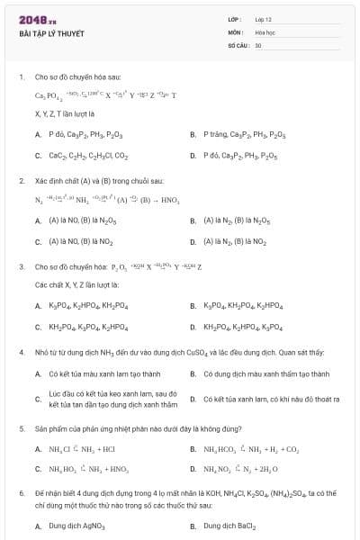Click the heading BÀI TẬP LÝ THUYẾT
[51, 33]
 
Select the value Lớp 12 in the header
[263, 19]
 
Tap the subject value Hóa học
[265, 31]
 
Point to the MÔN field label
[235, 31]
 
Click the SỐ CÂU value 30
[258, 44]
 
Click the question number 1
[21, 77]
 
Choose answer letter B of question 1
[193, 134]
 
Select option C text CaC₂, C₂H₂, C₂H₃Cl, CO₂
[86, 155]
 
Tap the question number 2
[21, 180]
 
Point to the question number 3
[21, 266]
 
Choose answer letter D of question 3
[193, 327]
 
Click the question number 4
[21, 352]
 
